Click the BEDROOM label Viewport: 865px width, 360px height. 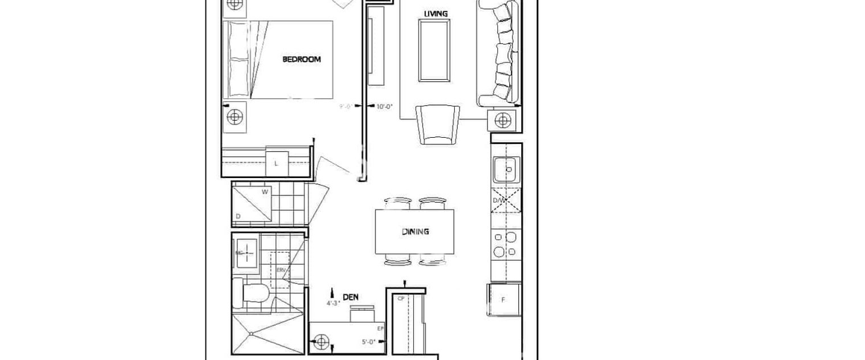coord(301,60)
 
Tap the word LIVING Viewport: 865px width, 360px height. coord(435,13)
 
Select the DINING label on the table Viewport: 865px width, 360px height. coord(415,232)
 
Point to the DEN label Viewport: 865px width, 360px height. coord(350,297)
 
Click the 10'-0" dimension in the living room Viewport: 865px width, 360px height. coord(384,107)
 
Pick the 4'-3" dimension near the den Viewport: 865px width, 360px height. coord(333,304)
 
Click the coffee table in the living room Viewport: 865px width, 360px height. coord(434,50)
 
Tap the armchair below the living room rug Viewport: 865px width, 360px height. coord(436,123)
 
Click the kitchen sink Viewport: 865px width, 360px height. coord(505,170)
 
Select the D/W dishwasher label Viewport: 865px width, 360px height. coord(498,200)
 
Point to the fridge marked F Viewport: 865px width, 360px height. coord(503,300)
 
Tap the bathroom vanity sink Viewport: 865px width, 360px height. coord(245,252)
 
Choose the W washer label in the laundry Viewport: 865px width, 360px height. coord(264,192)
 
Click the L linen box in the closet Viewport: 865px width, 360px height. coord(276,163)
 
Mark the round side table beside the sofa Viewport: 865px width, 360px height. coord(502,120)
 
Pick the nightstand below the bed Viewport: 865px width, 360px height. coord(236,116)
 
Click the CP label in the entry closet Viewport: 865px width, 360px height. coord(400,298)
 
